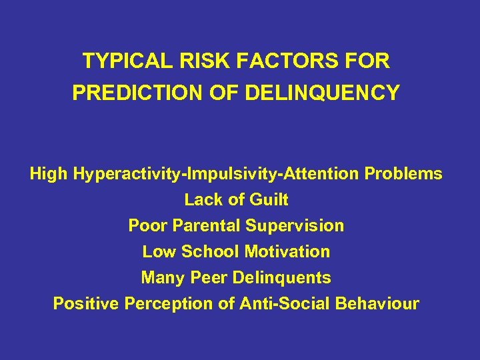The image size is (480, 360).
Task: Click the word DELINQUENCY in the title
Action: pos(323,93)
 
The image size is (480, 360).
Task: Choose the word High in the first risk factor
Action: pos(49,174)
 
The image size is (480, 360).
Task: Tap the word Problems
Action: pos(403,174)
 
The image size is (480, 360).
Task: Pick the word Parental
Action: pos(206,225)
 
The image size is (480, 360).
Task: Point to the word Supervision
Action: pos(295,225)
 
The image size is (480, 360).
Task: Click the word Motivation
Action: pos(287,251)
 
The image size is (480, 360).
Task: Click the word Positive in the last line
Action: pos(86,303)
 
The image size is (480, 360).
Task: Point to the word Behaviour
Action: pos(377,303)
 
